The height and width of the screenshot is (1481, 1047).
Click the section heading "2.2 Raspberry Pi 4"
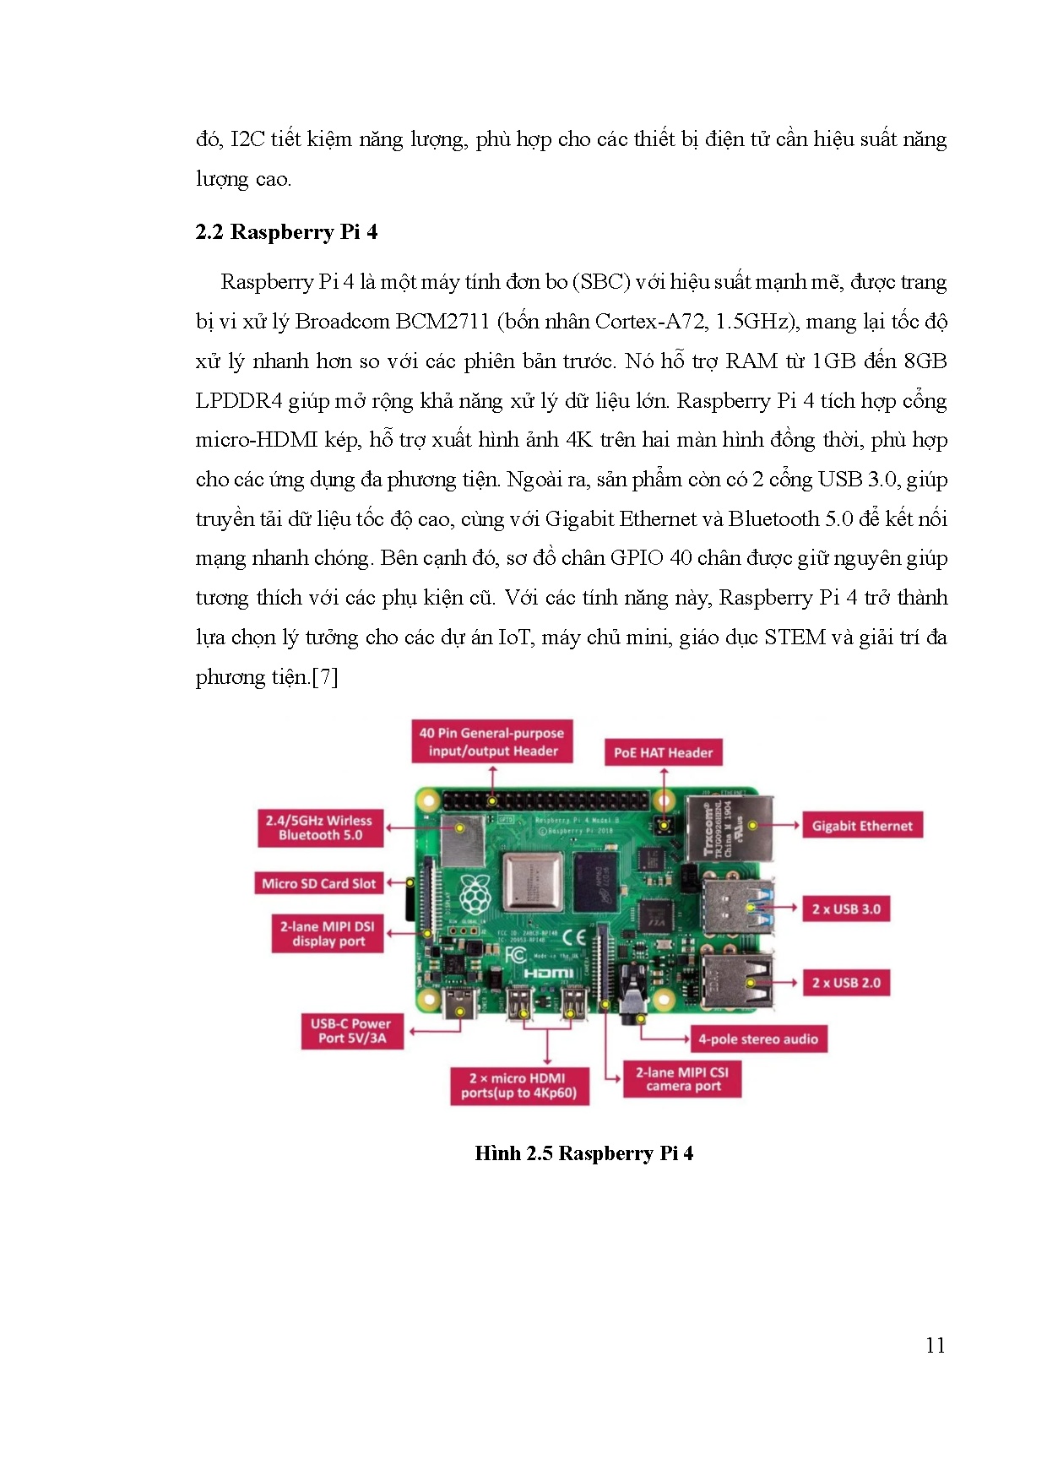[x=286, y=232]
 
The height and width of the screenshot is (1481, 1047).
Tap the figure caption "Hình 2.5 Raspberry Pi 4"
[x=583, y=1153]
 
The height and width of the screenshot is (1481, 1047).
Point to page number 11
[x=935, y=1345]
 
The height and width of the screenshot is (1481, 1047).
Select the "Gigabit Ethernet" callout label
[x=862, y=826]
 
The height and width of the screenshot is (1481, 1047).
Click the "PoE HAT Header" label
[x=663, y=752]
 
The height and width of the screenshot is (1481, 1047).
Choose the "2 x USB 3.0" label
[x=846, y=909]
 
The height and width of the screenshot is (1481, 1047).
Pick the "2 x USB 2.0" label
[x=846, y=983]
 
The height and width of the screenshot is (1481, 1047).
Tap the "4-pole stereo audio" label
[x=757, y=1039]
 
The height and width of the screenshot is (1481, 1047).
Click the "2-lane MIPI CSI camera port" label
[x=682, y=1079]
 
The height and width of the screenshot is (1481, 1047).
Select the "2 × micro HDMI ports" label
[x=518, y=1086]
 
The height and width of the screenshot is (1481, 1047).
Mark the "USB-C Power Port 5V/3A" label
[x=352, y=1031]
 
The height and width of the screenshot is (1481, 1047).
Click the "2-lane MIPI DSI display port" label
[x=328, y=934]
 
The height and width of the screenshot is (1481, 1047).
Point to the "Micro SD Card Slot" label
[x=318, y=883]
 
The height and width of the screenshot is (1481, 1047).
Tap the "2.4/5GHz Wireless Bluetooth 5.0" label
[x=320, y=827]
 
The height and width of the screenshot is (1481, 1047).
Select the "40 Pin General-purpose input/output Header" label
[x=492, y=742]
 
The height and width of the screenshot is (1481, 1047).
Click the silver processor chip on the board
[x=533, y=881]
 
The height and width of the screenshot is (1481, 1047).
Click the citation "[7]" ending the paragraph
[x=325, y=677]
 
